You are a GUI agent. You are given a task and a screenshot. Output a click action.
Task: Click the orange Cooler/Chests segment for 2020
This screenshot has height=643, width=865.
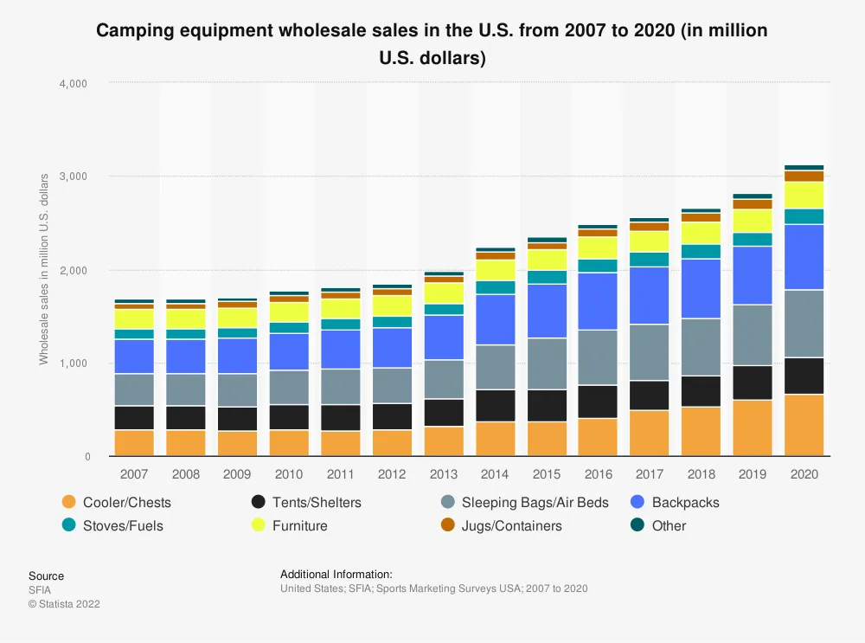[804, 425]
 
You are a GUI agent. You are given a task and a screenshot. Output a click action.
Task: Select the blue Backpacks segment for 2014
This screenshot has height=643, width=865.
[495, 319]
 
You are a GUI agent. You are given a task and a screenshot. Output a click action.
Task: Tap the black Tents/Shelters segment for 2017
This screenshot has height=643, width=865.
[649, 395]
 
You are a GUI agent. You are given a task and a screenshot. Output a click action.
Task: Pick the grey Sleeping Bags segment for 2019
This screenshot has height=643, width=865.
[752, 335]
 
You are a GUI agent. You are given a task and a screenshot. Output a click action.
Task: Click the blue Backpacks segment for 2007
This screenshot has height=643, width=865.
[133, 357]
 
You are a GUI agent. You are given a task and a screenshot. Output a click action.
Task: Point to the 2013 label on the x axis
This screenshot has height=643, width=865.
[443, 475]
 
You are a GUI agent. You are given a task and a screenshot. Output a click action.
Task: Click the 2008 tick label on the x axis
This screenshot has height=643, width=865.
[185, 475]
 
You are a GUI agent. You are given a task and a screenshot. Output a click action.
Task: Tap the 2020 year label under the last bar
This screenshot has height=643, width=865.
[804, 475]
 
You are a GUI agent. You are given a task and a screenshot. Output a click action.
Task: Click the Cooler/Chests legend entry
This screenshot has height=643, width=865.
[126, 502]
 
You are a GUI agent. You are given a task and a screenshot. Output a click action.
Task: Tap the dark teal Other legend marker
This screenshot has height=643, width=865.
[638, 525]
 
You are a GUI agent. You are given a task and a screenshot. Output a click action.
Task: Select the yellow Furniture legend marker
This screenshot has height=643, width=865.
[258, 525]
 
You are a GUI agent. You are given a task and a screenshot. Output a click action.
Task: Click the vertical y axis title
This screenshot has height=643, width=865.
[43, 269]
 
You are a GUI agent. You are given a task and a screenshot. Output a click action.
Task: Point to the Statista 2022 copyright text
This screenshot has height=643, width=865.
[64, 604]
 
